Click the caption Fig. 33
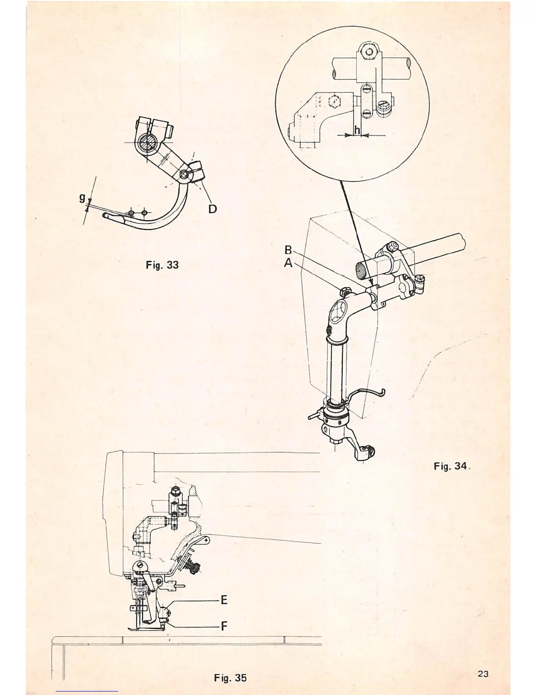(162, 265)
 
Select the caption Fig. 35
(230, 677)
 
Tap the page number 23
(483, 674)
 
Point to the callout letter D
(212, 209)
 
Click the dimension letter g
(82, 198)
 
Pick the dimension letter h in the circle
(357, 130)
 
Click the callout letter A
(288, 262)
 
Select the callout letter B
(288, 250)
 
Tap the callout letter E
(224, 600)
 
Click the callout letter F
(224, 626)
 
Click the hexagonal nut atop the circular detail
(370, 51)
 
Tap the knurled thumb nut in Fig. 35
(195, 569)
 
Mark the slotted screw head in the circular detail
(384, 106)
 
